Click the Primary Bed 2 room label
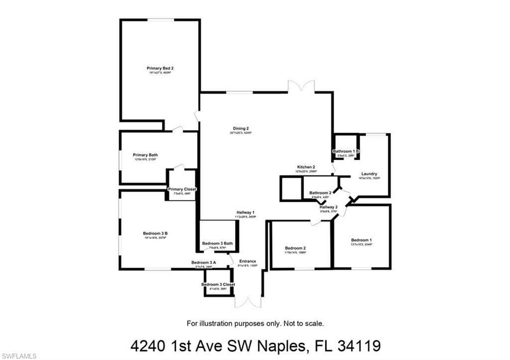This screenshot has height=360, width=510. click(x=160, y=68)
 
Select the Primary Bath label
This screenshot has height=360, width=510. click(x=145, y=155)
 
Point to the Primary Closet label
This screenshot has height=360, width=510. click(x=182, y=189)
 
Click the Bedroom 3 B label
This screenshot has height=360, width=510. click(x=155, y=234)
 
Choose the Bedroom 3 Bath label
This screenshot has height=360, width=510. click(x=217, y=243)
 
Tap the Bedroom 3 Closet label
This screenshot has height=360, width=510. click(x=218, y=284)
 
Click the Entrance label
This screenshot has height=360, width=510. click(x=248, y=261)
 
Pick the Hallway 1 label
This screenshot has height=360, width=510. click(x=246, y=213)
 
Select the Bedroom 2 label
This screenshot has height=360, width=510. click(x=295, y=248)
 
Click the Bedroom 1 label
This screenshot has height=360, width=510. click(x=361, y=240)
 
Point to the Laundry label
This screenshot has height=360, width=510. click(x=369, y=174)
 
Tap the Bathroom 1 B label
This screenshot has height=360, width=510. click(x=346, y=151)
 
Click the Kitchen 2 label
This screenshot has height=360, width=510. click(x=306, y=167)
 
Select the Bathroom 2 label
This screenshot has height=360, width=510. click(x=320, y=193)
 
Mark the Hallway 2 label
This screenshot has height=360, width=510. click(x=329, y=207)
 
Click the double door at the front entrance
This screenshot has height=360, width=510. click(x=248, y=302)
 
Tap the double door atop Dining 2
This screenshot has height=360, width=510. click(x=301, y=86)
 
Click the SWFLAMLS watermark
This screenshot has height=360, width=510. click(x=19, y=356)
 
